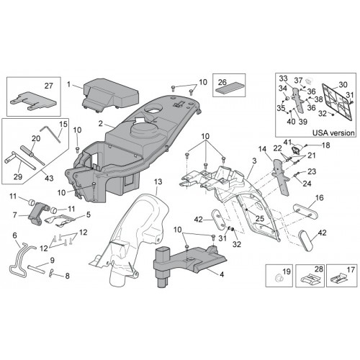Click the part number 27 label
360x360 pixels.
click(49, 86)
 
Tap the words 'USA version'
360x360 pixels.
click(333, 132)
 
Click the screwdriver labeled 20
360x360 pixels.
click(32, 155)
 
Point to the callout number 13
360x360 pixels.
click(158, 182)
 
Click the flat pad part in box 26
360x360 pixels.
click(229, 89)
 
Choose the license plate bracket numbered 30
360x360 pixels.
click(338, 102)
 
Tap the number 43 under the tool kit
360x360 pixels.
click(49, 178)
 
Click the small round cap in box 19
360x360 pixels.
click(279, 278)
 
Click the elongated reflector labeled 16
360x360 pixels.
click(306, 212)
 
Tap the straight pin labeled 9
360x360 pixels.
click(36, 269)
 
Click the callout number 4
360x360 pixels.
click(222, 274)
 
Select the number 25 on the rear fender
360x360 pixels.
click(260, 218)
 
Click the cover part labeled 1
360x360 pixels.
click(110, 95)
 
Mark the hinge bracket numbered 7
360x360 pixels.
click(38, 212)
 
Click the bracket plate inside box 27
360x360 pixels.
click(33, 102)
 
